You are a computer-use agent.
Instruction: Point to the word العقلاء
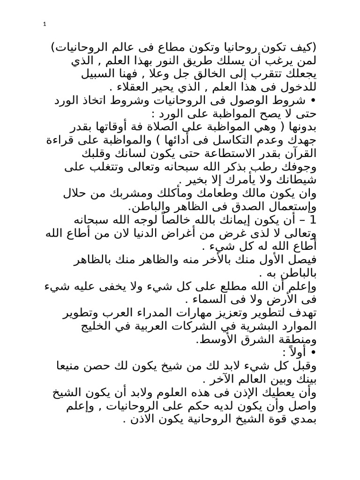(x=136, y=88)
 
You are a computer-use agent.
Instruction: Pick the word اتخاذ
(x=101, y=101)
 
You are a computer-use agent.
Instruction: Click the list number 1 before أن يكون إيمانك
(x=314, y=220)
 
